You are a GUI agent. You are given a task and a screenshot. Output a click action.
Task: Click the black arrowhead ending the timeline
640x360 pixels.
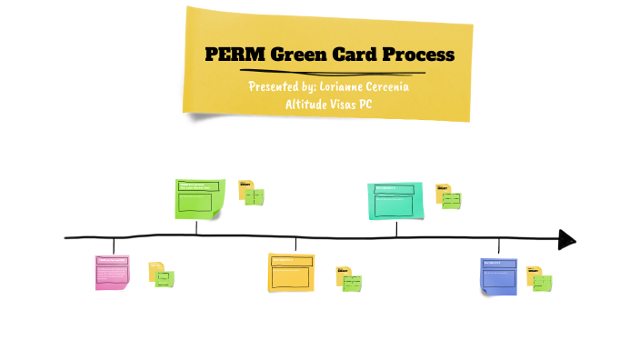pyautogui.click(x=566, y=240)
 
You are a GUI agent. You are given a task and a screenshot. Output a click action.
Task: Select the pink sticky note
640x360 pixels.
pyautogui.click(x=113, y=273)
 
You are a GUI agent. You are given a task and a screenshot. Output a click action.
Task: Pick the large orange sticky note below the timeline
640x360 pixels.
pyautogui.click(x=291, y=274)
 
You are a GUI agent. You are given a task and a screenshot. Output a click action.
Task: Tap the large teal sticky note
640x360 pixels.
pyautogui.click(x=395, y=201)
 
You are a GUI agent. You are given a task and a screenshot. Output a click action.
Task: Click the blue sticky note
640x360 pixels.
pyautogui.click(x=498, y=276)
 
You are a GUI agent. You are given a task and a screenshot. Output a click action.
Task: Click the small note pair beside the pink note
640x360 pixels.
pyautogui.click(x=161, y=275)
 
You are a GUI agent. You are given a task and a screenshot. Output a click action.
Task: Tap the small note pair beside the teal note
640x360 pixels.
pyautogui.click(x=447, y=195)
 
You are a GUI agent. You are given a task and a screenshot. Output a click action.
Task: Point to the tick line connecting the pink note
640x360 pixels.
pyautogui.click(x=114, y=246)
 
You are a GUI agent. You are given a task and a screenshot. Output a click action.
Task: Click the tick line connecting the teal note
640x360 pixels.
pyautogui.click(x=396, y=228)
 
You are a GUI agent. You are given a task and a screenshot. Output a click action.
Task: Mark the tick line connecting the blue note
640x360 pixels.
pyautogui.click(x=499, y=247)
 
